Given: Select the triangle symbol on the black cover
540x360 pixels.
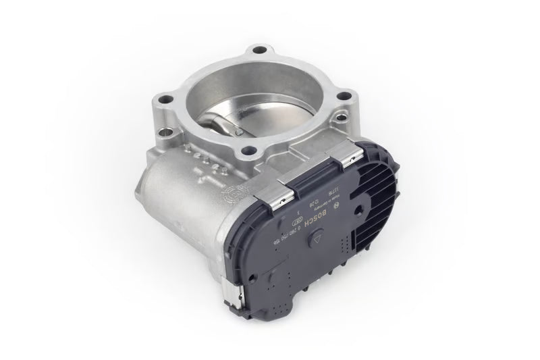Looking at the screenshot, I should click(317, 240).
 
